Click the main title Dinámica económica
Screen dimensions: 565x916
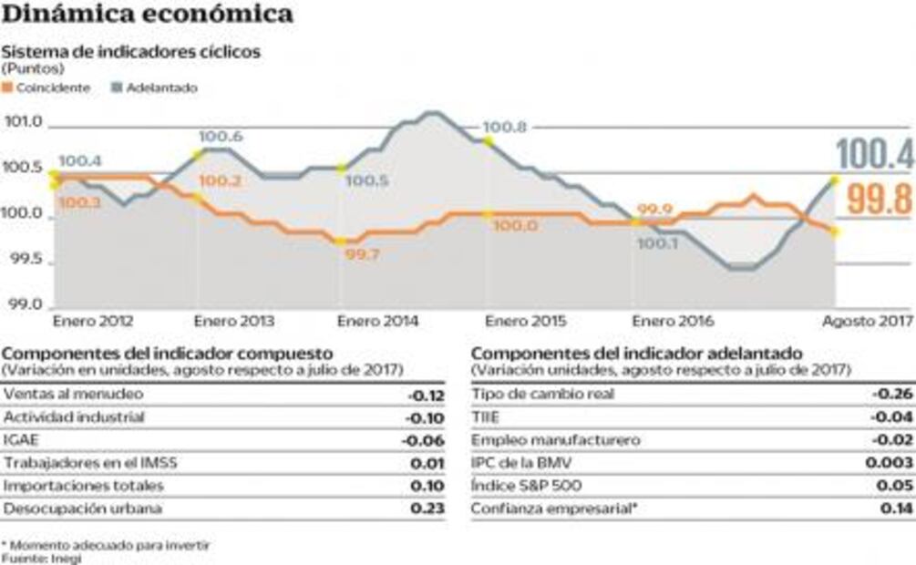pyautogui.click(x=148, y=15)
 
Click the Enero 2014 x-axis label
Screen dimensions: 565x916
pyautogui.click(x=377, y=322)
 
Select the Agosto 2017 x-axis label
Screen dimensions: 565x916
pyautogui.click(x=867, y=322)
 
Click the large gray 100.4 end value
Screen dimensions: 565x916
pyautogui.click(x=874, y=155)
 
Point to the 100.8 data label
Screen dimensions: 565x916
pyautogui.click(x=505, y=128)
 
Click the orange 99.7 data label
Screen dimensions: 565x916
pyautogui.click(x=362, y=254)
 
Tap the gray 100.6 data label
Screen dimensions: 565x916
pyautogui.click(x=221, y=137)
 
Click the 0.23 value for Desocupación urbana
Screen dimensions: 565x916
pyautogui.click(x=427, y=508)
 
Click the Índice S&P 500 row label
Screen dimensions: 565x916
pyautogui.click(x=526, y=486)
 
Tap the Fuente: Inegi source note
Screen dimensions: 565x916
pyautogui.click(x=41, y=558)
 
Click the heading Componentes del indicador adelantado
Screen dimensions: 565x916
pyautogui.click(x=636, y=353)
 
